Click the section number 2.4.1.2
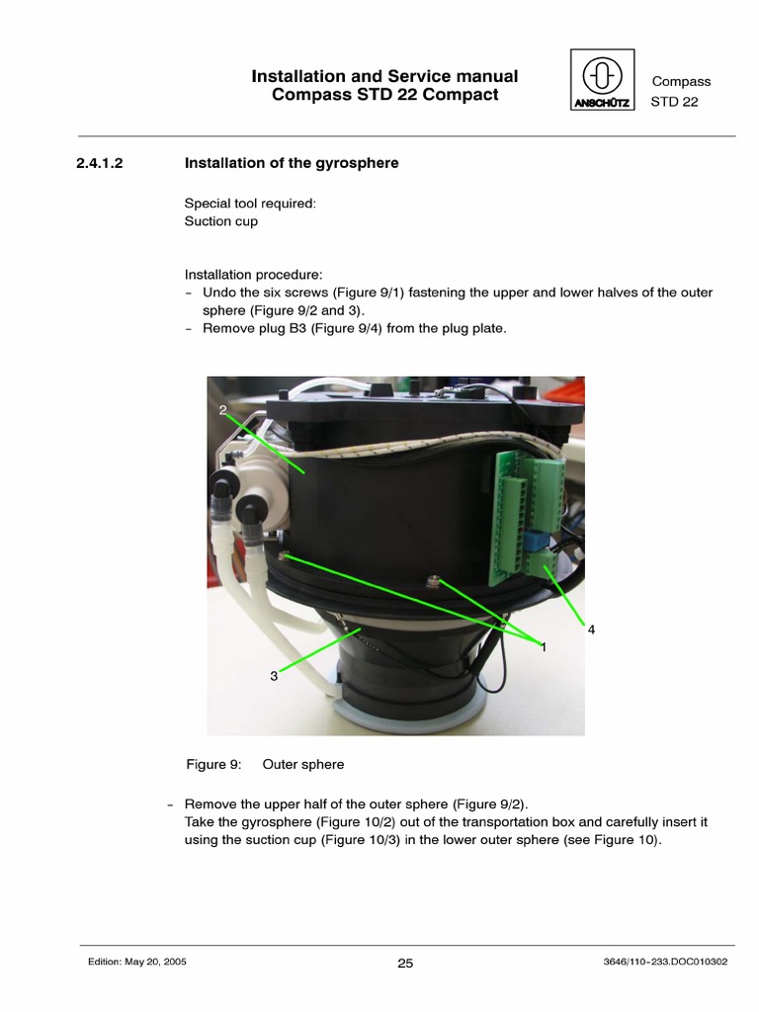[99, 163]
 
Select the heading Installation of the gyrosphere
[292, 163]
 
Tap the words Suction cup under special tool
[221, 221]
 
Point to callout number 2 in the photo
[223, 408]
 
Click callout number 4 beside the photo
[591, 629]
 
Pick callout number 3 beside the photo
[274, 676]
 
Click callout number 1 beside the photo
[543, 645]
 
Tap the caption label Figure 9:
[214, 764]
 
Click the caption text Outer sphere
[303, 764]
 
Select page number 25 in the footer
[405, 965]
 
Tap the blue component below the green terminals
[536, 542]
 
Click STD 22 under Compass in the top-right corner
[674, 102]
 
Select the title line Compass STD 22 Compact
[385, 95]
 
